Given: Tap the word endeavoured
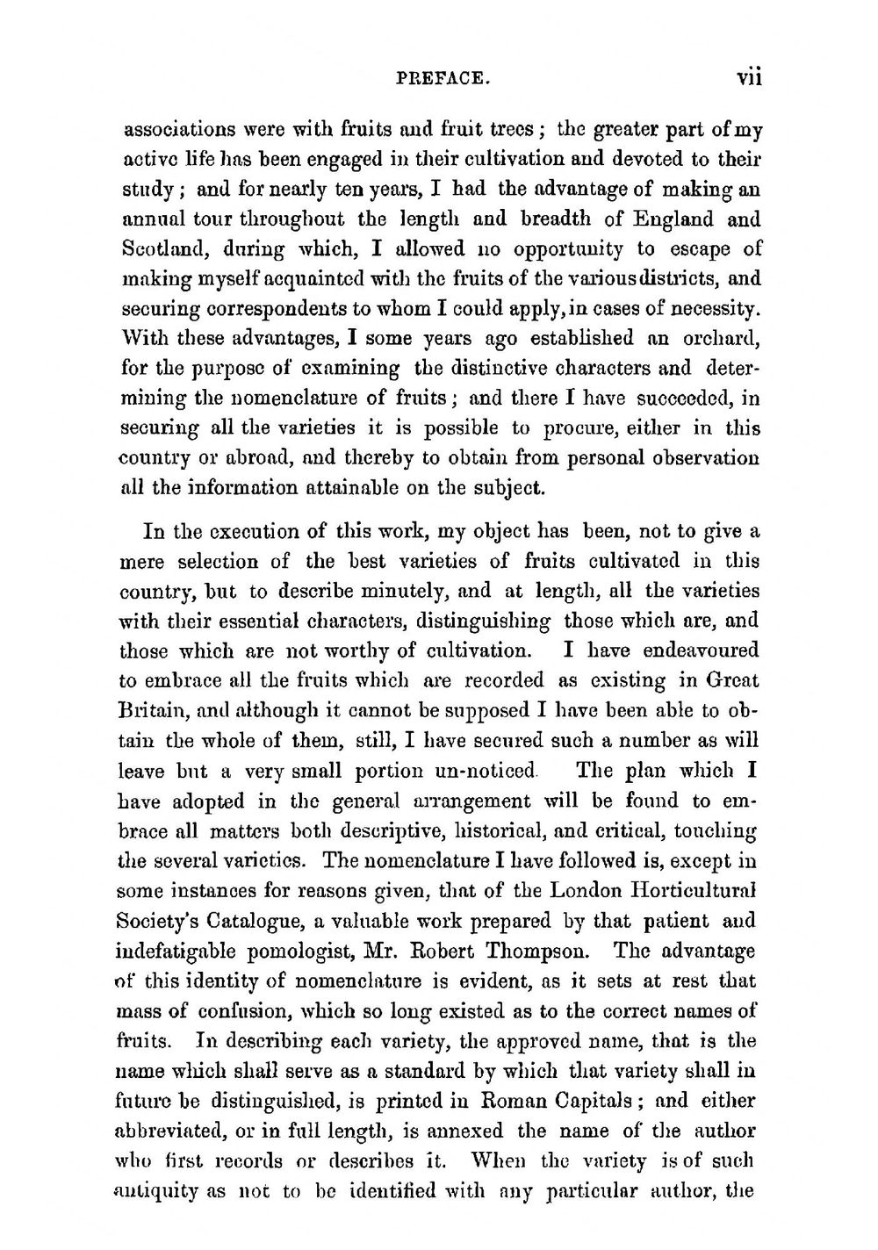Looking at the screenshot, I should coord(700,651).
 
